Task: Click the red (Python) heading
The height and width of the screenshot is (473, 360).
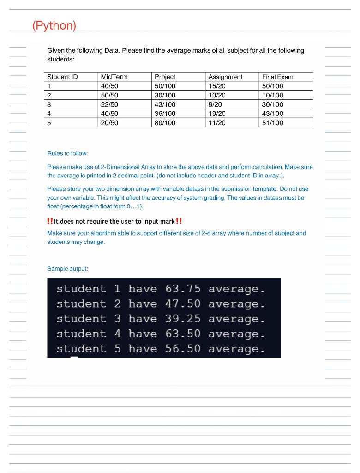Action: [x=54, y=25]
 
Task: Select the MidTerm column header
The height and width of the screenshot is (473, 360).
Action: [x=114, y=77]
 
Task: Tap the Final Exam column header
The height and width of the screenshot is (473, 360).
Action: [x=277, y=77]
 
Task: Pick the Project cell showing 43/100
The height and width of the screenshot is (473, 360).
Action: [x=165, y=104]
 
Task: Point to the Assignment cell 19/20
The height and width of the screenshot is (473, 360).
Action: [x=217, y=114]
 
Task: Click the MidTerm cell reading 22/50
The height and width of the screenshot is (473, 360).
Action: [x=109, y=104]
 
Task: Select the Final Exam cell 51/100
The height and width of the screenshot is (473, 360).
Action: [x=273, y=123]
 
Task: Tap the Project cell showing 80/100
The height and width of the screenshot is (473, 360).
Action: [x=165, y=123]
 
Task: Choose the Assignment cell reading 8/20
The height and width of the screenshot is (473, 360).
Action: [x=215, y=104]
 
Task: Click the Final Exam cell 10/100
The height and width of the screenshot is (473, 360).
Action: [x=273, y=95]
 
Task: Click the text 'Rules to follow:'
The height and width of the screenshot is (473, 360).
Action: [x=68, y=153]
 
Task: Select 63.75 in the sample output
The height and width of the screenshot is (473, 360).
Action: [x=183, y=289]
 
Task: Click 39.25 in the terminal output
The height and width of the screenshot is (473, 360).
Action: [x=183, y=319]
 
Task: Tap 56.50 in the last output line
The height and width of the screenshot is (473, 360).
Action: [x=183, y=349]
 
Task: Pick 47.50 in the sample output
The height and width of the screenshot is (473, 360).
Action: [x=183, y=304]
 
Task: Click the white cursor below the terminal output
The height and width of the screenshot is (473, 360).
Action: [x=74, y=357]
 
